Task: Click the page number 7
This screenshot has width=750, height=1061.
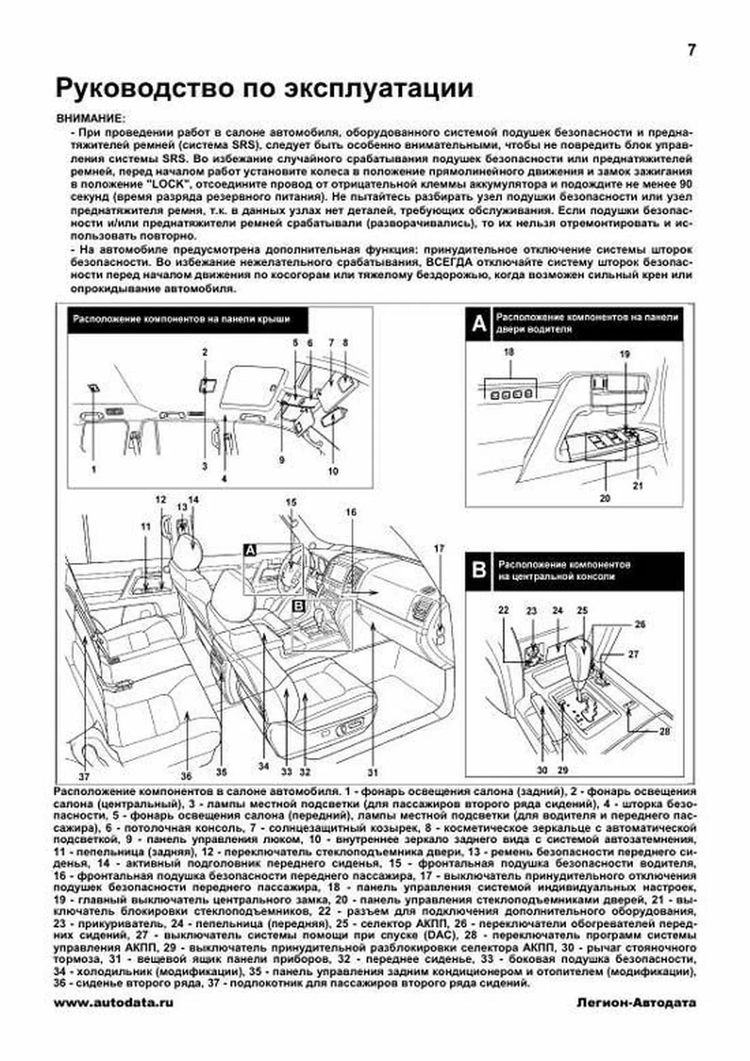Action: pos(691,51)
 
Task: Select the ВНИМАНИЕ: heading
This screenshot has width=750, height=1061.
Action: pos(90,118)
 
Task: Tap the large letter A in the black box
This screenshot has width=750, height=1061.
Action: pos(479,324)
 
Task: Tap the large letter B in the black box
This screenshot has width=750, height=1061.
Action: pos(479,570)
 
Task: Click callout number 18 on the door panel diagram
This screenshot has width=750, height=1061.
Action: pos(509,353)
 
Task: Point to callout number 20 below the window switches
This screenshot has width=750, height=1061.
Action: pos(604,499)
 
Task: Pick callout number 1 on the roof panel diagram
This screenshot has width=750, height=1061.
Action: pos(94,468)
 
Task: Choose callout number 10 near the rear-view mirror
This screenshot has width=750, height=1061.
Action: pos(332,471)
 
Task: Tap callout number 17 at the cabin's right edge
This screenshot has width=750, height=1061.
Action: pos(439,548)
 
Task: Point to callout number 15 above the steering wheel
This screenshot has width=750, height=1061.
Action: pos(291,501)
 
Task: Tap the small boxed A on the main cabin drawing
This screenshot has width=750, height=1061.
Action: pos(250,550)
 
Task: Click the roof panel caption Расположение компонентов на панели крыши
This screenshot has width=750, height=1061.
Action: pos(181,319)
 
